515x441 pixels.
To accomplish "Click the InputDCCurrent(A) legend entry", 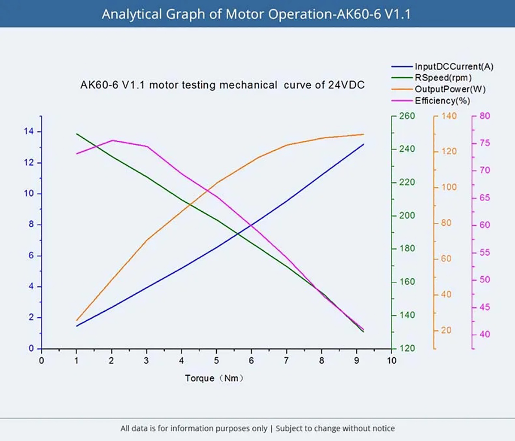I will point(454,67).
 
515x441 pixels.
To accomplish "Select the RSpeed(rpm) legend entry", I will point(443,78).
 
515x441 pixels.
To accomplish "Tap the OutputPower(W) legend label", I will point(450,89).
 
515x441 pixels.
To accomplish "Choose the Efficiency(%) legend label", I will point(442,100).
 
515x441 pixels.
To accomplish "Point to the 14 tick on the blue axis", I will point(29,131).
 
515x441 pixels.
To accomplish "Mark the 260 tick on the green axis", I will point(407,116).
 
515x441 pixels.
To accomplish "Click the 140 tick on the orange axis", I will point(449,116).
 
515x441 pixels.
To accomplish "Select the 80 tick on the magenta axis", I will point(485,116).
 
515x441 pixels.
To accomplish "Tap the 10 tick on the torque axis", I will point(391,361).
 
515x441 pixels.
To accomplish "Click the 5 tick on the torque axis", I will point(216,361).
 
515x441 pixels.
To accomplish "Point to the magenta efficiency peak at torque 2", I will point(112,140).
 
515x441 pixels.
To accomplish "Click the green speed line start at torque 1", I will point(76,134).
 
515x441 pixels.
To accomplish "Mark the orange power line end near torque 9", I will point(364,134).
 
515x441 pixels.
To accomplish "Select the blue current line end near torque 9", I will point(364,144).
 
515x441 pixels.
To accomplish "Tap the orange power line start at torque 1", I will point(76,320).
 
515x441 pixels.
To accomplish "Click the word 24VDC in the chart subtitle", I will point(346,85).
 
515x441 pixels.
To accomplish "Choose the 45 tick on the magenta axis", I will point(485,307).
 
